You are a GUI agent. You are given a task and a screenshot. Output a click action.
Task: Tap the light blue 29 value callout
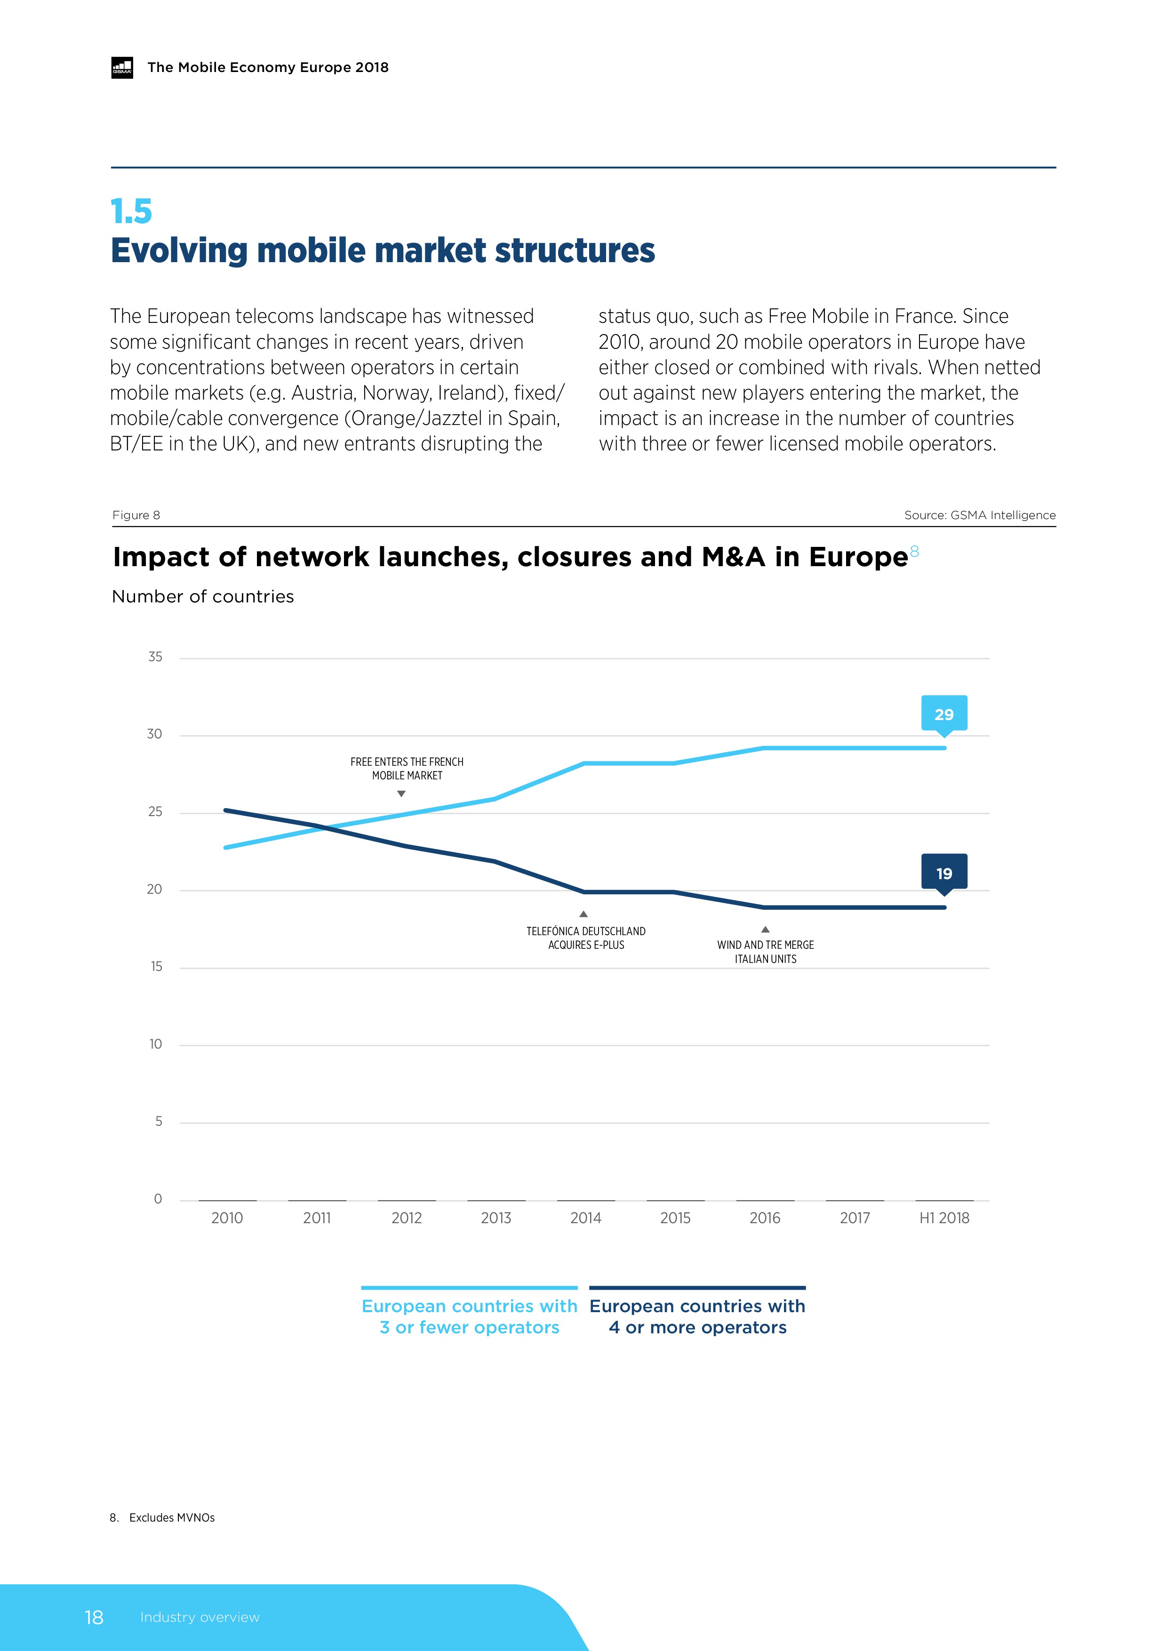[943, 714]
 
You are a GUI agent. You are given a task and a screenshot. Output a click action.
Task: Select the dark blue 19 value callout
[943, 873]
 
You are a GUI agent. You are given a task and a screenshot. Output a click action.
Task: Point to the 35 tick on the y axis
[155, 657]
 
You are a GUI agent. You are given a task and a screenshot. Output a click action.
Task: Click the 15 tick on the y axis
[156, 966]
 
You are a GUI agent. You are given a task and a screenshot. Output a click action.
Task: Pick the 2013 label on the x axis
[496, 1218]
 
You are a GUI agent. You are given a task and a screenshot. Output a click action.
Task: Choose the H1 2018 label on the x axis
[944, 1218]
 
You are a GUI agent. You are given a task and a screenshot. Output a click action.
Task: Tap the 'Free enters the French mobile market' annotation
[407, 768]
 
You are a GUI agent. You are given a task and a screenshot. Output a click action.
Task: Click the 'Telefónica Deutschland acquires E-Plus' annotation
[586, 938]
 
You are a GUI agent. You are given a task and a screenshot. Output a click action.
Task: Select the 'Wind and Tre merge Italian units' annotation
[765, 951]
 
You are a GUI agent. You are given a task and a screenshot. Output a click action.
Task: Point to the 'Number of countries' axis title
[203, 596]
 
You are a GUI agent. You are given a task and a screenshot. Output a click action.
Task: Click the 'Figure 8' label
[136, 515]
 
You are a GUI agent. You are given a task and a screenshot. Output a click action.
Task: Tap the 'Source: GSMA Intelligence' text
[979, 515]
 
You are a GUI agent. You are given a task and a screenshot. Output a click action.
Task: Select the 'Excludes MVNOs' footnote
[172, 1517]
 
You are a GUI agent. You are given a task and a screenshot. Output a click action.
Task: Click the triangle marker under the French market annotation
[401, 794]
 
